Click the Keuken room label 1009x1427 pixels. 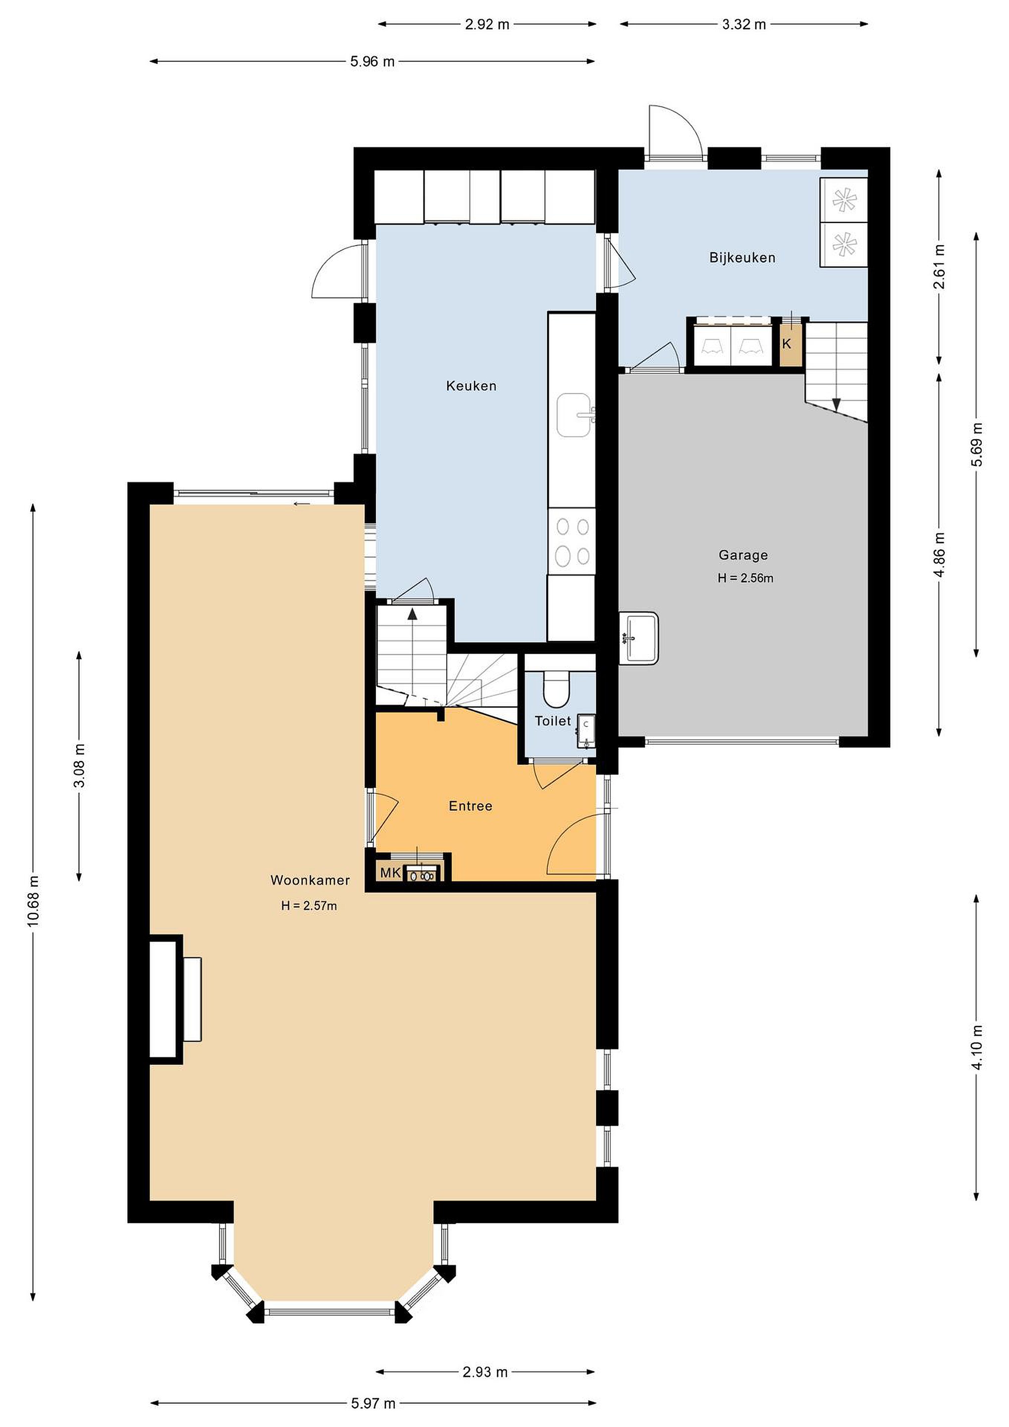pos(471,386)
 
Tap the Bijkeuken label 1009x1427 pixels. pos(743,257)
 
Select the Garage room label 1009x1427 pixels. pos(743,555)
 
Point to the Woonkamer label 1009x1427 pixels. pos(310,880)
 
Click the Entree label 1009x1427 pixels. pos(471,806)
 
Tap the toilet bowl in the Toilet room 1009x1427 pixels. pos(556,689)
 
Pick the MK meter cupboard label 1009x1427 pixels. pos(390,873)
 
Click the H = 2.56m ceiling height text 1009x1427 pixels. pos(745,578)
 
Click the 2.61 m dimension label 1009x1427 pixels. pos(940,267)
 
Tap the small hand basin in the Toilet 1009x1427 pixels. pos(586,731)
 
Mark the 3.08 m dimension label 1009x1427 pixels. pos(80,766)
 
